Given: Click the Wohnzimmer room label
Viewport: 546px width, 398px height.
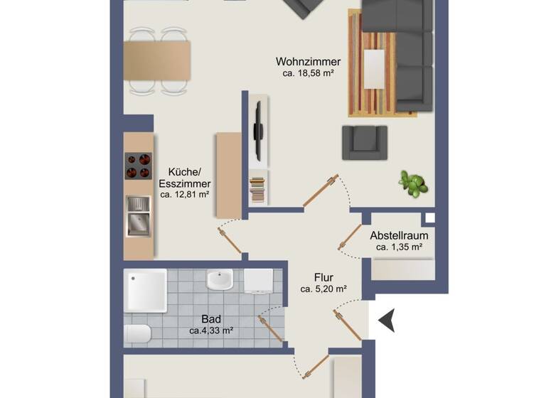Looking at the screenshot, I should click(309, 61).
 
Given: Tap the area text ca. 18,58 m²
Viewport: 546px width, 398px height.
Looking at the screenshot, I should click(309, 72).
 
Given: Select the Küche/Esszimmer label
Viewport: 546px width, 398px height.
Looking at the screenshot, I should click(184, 177).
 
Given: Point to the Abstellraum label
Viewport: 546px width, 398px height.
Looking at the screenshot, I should click(399, 236).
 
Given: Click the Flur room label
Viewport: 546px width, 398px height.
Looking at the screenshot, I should click(323, 277).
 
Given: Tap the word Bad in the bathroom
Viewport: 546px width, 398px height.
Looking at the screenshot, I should click(211, 319).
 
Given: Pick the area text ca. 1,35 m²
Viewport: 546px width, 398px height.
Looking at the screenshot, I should click(399, 247).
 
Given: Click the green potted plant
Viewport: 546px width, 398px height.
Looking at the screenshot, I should click(412, 183).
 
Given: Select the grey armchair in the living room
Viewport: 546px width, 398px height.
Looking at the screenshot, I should click(364, 142).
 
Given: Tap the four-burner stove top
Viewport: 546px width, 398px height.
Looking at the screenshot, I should click(139, 166).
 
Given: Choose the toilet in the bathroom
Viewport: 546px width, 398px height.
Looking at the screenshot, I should click(136, 334).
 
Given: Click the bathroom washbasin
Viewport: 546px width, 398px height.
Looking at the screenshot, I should click(220, 280).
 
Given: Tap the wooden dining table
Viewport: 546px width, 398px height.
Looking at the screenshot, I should click(156, 60).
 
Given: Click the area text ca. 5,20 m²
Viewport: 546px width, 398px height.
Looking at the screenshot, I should click(323, 289).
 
